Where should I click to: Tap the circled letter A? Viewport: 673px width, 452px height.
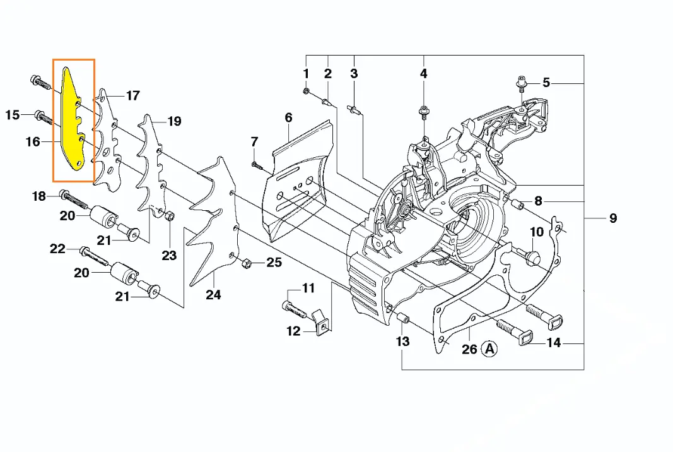coord(489,348)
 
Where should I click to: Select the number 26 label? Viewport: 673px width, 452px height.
coord(469,349)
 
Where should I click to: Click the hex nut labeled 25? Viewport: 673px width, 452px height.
coord(247,263)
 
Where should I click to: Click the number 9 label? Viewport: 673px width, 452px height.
coord(613,218)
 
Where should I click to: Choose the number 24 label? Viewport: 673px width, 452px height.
coord(213,295)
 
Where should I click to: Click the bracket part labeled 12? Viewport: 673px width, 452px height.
coord(322,322)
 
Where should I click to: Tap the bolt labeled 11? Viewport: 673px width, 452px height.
coord(294,309)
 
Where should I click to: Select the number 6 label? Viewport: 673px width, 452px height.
coord(288,117)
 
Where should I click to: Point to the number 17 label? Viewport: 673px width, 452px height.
coord(133,95)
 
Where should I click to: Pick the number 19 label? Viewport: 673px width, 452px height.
coord(174,121)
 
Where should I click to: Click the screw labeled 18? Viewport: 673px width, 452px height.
coord(74,198)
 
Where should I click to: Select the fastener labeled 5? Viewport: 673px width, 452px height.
coord(522,84)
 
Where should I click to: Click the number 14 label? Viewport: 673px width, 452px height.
coord(553,342)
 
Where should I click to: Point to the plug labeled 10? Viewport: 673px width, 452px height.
coord(531,257)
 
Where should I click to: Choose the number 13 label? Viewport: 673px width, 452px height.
coord(402,342)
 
